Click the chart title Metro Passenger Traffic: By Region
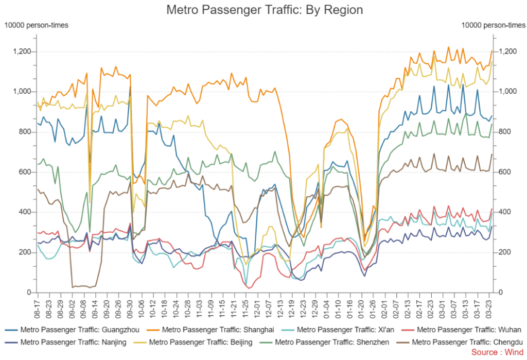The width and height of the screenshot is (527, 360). tap(265, 10)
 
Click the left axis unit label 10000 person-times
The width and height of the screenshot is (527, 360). tap(37, 25)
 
